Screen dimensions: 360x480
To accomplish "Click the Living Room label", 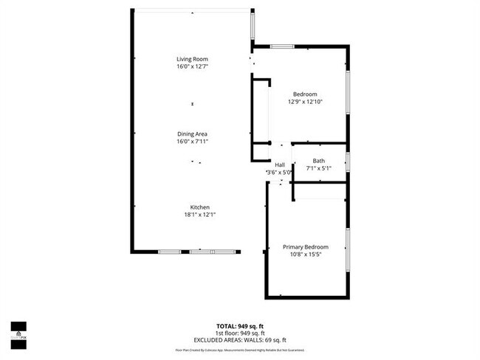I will point(192,59).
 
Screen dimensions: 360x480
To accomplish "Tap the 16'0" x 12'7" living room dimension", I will point(192,66).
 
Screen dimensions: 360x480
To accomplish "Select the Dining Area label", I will point(192,134).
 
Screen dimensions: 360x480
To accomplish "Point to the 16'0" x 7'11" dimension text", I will point(192,141).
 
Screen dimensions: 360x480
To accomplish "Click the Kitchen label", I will point(200,207).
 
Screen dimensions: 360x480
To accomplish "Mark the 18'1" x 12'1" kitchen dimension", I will point(200,215).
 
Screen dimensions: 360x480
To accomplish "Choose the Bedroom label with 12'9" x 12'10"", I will point(305,94).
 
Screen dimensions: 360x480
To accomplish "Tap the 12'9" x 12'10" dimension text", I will point(305,102).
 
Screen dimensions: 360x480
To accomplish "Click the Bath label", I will point(318,161).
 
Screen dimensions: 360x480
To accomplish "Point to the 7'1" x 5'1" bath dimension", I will point(318,168).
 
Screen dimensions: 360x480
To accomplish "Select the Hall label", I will point(280,165).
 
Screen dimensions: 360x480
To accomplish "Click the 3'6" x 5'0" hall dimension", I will point(280,172).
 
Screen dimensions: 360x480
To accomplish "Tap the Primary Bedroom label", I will point(305,247).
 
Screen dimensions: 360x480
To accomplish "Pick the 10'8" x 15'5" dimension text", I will point(305,255).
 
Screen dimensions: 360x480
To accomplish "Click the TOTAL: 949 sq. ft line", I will point(239,325).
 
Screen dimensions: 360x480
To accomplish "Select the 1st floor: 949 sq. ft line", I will point(239,332).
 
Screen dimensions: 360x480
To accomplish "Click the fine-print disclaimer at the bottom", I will point(239,350).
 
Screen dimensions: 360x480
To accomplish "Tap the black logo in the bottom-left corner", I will point(18,333).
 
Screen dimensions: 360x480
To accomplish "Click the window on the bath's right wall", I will point(348,162).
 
